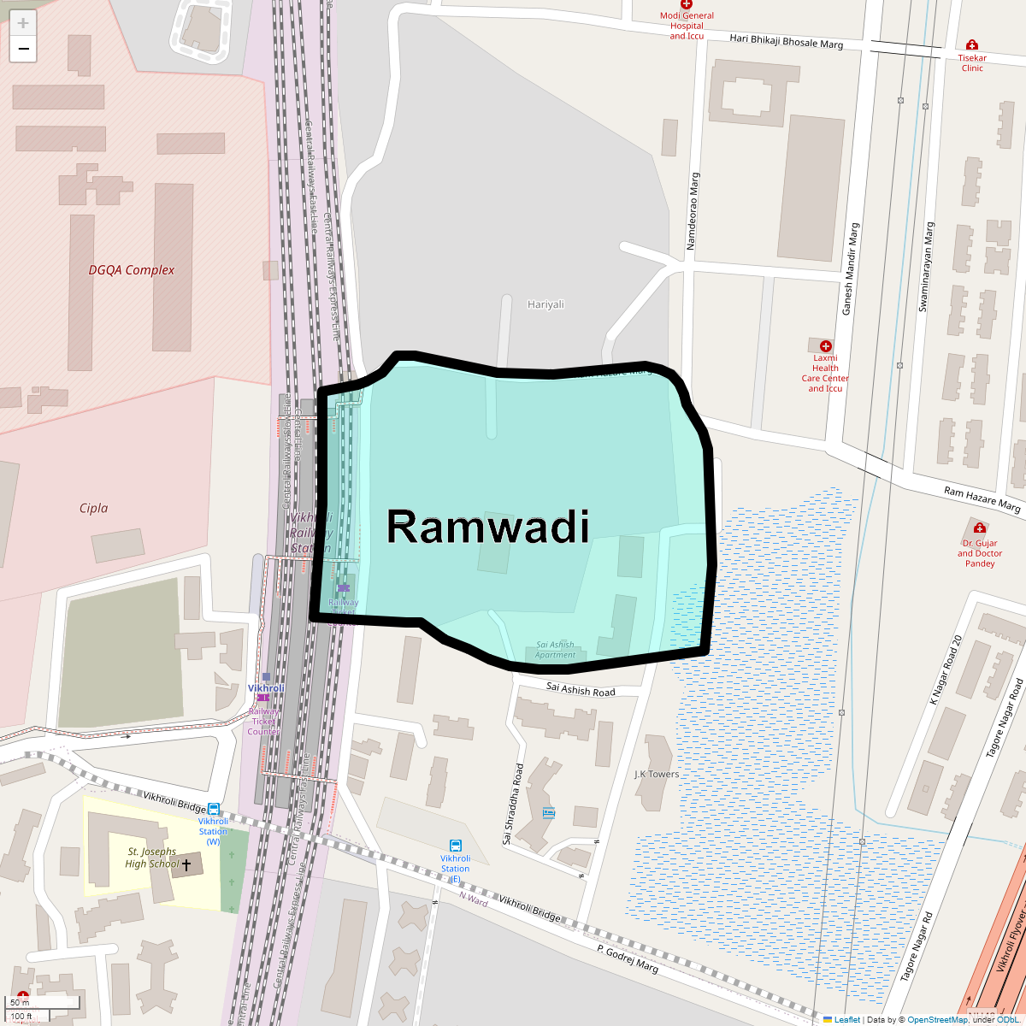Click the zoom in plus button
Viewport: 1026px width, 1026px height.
pos(23,23)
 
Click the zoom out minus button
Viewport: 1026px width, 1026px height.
pos(23,49)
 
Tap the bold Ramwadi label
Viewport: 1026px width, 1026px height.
pos(488,526)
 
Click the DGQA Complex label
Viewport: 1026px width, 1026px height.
pos(132,270)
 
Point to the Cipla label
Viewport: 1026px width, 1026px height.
pos(93,508)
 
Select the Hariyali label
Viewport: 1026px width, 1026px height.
pos(545,304)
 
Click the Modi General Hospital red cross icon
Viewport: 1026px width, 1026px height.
pos(686,4)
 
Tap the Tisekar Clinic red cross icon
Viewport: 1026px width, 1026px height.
pos(971,44)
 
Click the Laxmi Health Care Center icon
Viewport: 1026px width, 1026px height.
pos(825,345)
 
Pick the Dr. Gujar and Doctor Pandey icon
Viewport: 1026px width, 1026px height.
pos(980,528)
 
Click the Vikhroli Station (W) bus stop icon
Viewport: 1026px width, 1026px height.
pos(213,809)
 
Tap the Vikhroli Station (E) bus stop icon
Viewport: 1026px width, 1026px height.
pos(456,846)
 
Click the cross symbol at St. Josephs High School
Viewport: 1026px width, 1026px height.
pos(186,865)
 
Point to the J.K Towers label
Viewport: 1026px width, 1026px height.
pos(657,775)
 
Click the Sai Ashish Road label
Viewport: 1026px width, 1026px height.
pos(581,690)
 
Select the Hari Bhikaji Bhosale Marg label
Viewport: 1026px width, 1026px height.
pos(786,41)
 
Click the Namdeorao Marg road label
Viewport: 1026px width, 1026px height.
pos(693,211)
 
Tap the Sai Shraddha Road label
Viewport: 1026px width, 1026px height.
pos(512,804)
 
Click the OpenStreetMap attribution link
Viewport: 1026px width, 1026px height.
pos(937,1019)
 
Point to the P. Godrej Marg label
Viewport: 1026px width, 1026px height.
pos(628,957)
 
